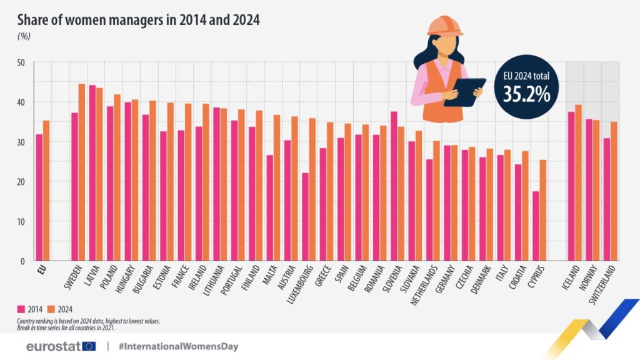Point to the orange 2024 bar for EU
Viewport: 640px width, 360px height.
(x=46, y=191)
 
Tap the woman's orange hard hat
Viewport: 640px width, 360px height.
(x=444, y=25)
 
